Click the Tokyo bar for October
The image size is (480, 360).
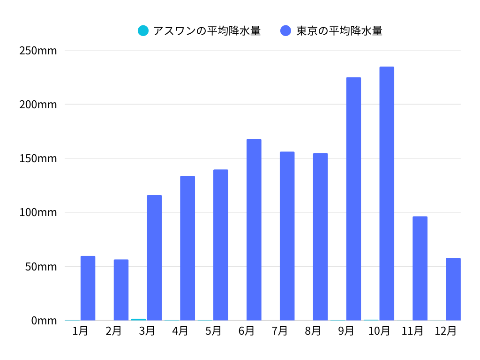387,194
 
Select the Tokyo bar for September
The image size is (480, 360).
353,199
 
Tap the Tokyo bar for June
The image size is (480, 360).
254,230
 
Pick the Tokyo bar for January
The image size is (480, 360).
88,288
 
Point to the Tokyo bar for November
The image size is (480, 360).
420,268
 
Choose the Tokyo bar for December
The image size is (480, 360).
453,289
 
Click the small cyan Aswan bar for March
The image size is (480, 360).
138,319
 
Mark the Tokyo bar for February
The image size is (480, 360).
121,290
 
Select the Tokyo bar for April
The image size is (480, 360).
187,248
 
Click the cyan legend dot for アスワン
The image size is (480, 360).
143,31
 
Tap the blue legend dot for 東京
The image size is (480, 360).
286,31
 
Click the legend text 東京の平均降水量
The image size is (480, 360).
339,31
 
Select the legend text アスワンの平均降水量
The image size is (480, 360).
207,31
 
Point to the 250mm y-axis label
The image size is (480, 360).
38,50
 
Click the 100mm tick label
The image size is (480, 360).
38,212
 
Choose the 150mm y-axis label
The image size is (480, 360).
38,158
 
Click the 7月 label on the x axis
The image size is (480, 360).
280,331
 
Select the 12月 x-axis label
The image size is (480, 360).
445,331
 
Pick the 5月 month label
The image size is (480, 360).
213,331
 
